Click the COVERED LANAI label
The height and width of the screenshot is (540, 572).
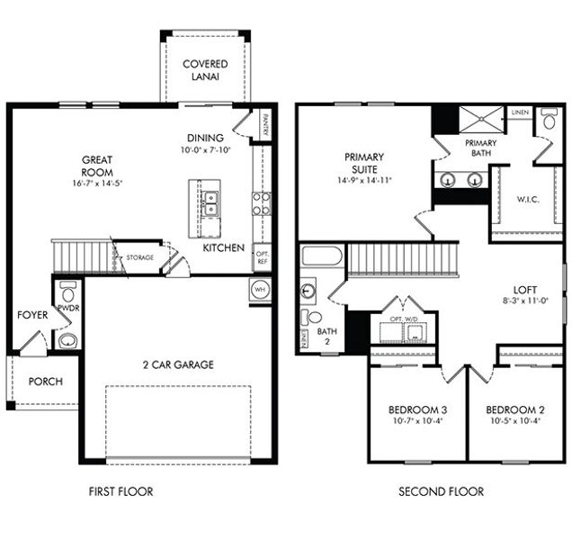(x=205, y=70)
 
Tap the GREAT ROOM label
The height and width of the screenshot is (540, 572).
(x=95, y=166)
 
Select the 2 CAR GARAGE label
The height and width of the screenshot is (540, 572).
(x=177, y=364)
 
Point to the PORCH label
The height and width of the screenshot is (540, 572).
(x=46, y=382)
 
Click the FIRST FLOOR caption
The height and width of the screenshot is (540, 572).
(x=121, y=491)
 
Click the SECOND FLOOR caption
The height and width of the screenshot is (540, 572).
(x=441, y=491)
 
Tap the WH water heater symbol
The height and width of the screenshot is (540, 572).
(x=261, y=290)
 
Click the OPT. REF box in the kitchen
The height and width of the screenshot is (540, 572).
(x=262, y=256)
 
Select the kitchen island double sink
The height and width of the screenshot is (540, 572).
(x=210, y=204)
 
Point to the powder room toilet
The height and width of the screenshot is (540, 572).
(x=67, y=295)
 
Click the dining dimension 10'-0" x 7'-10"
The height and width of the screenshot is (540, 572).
(x=206, y=150)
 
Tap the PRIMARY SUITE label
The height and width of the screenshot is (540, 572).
(x=364, y=163)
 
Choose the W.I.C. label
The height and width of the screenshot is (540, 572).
(x=528, y=199)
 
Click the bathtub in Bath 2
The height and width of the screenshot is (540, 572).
(x=321, y=256)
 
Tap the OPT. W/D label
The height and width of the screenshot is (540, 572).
(x=403, y=319)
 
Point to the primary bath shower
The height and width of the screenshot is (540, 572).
(x=484, y=120)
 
